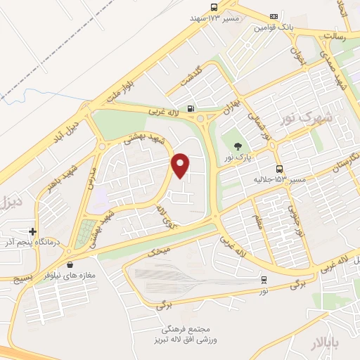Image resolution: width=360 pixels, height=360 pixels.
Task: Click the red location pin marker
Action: click(x=181, y=165)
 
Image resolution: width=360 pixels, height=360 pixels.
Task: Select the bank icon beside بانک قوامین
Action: click(x=274, y=16)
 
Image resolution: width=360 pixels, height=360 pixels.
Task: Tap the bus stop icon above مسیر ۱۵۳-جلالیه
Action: click(x=280, y=169)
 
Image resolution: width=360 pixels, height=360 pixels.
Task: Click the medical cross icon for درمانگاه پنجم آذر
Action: click(x=32, y=231)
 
